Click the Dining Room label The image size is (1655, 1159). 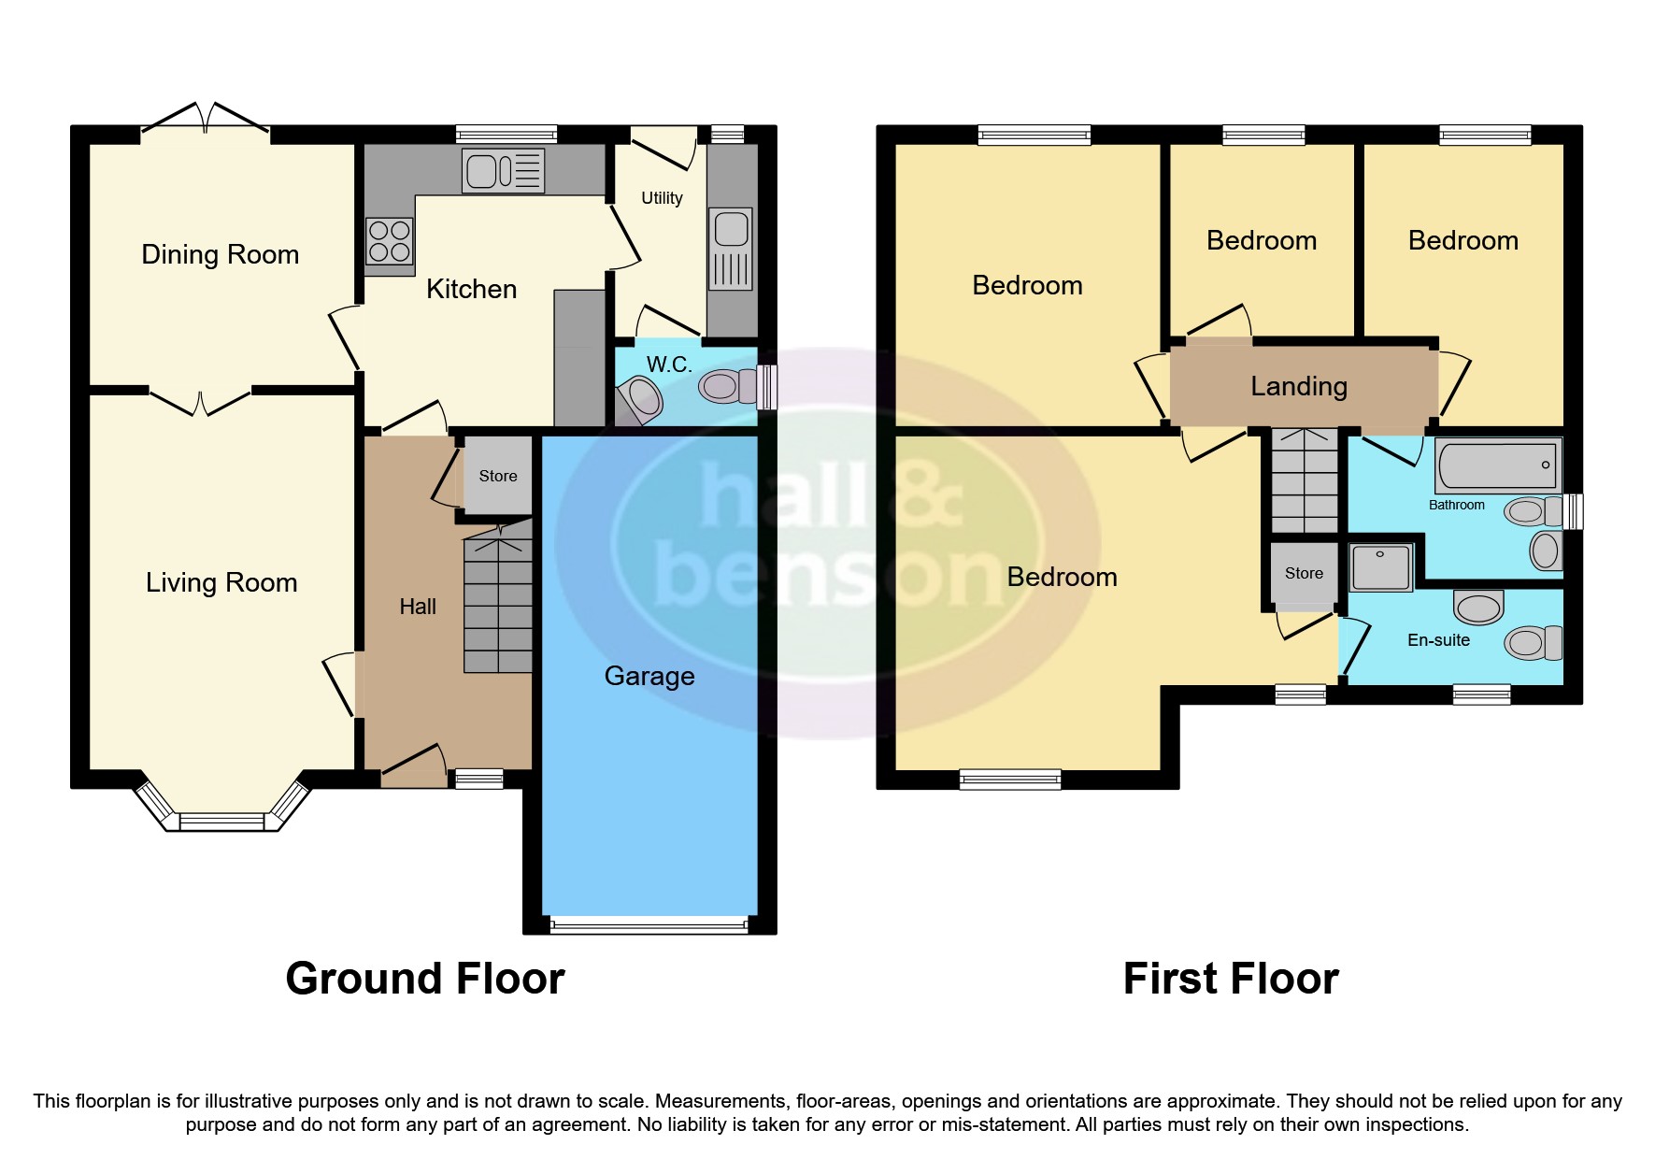pyautogui.click(x=220, y=254)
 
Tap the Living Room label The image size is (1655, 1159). pyautogui.click(x=221, y=582)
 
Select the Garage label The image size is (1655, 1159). pyautogui.click(x=649, y=676)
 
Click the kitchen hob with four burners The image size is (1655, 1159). pyautogui.click(x=389, y=241)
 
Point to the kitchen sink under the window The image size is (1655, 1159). pyautogui.click(x=503, y=171)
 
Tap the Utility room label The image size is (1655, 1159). pyautogui.click(x=662, y=198)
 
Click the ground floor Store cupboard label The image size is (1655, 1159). pyautogui.click(x=498, y=476)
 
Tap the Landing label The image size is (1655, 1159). pyautogui.click(x=1299, y=386)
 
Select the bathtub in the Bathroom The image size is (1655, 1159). pyautogui.click(x=1498, y=465)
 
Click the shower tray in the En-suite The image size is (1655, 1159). pyautogui.click(x=1381, y=567)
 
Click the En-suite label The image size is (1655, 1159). pyautogui.click(x=1438, y=640)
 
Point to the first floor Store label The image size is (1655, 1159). pyautogui.click(x=1304, y=573)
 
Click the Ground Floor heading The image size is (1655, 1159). pyautogui.click(x=425, y=979)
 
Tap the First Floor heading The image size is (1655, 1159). pyautogui.click(x=1231, y=979)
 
